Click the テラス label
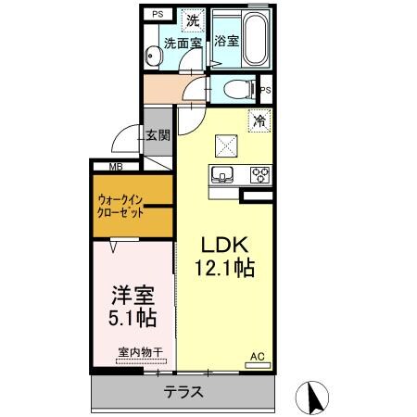pyautogui.click(x=183, y=392)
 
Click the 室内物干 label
pyautogui.click(x=140, y=352)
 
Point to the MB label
pyautogui.click(x=116, y=167)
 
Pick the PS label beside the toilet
pyautogui.click(x=265, y=90)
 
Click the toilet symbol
pyautogui.click(x=239, y=90)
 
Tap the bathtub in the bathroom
pyautogui.click(x=255, y=39)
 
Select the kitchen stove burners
pyautogui.click(x=259, y=173)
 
